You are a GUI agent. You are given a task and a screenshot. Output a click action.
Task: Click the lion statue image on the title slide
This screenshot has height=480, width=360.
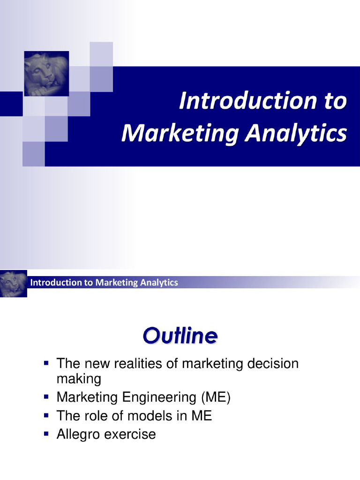click(x=46, y=74)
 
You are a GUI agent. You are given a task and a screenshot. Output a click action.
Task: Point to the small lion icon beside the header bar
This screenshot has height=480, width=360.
click(x=13, y=283)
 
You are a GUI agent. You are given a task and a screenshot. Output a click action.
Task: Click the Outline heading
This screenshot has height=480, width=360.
click(x=180, y=336)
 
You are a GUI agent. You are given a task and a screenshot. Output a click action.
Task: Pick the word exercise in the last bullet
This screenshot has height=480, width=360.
click(x=130, y=434)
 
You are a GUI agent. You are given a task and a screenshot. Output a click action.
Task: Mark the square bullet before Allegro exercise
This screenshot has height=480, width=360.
click(x=46, y=433)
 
